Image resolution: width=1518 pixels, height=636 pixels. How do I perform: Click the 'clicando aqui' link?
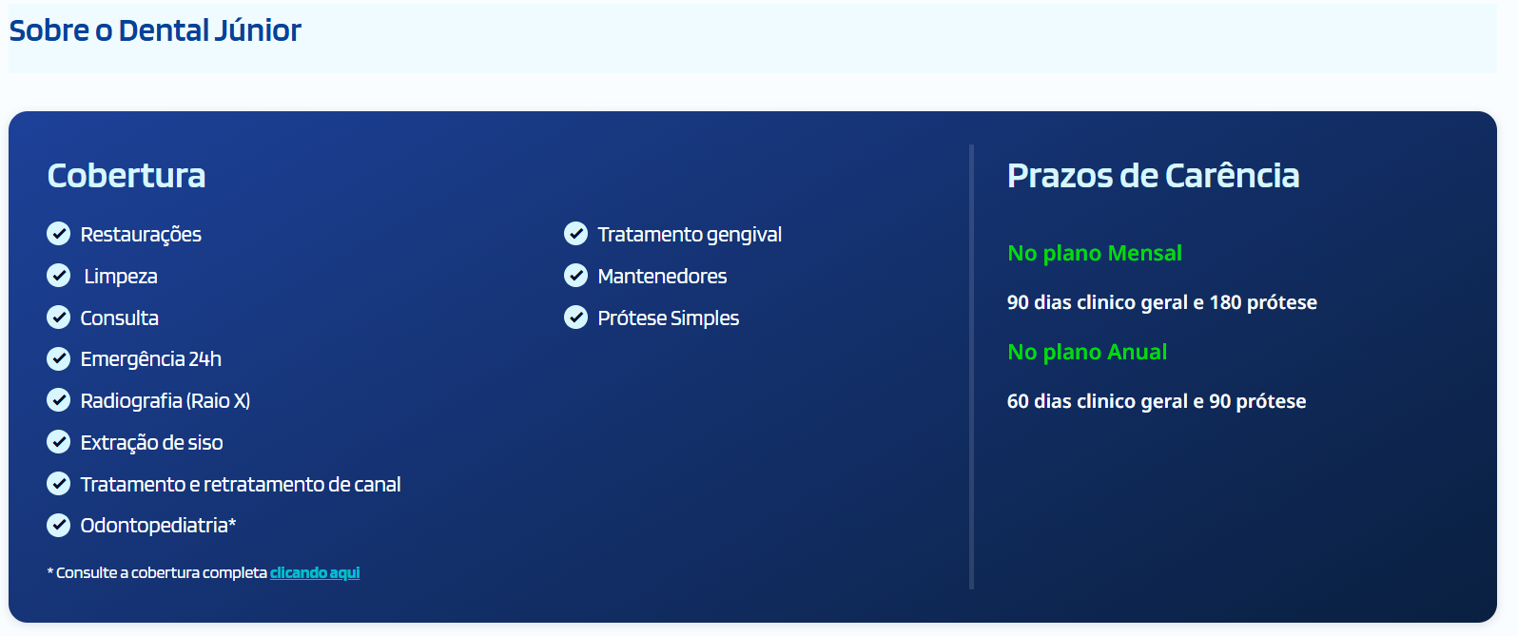[315, 572]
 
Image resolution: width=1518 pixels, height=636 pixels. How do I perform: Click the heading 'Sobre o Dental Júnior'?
[155, 30]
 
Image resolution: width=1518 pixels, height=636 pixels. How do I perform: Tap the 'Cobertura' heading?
[126, 175]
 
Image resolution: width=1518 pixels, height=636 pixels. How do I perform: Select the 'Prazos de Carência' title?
[1153, 175]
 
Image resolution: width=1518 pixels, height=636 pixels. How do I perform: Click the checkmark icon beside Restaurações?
[59, 234]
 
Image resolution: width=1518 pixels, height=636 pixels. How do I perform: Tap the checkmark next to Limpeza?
[59, 276]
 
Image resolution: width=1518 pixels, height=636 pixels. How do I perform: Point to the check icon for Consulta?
[59, 318]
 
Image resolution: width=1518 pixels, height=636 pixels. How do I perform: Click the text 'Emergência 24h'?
[150, 359]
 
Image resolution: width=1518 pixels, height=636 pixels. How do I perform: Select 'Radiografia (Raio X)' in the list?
[165, 401]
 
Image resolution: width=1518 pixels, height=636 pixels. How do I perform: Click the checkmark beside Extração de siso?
[59, 442]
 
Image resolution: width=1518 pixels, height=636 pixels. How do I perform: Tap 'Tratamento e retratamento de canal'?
[240, 484]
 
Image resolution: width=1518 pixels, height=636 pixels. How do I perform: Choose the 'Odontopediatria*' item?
[158, 526]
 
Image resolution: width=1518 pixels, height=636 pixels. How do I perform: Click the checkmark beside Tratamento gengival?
[575, 234]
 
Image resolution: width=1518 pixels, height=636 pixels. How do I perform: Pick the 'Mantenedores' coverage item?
[662, 276]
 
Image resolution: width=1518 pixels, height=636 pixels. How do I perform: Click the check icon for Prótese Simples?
[575, 318]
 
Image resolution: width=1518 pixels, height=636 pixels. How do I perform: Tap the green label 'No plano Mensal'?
[1094, 253]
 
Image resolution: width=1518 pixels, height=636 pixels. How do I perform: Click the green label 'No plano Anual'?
[1086, 352]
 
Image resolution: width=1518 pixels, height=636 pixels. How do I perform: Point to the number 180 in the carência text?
[1225, 302]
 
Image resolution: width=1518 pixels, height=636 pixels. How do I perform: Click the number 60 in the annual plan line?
[1018, 401]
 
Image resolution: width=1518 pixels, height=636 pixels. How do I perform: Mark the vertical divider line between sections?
[971, 367]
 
